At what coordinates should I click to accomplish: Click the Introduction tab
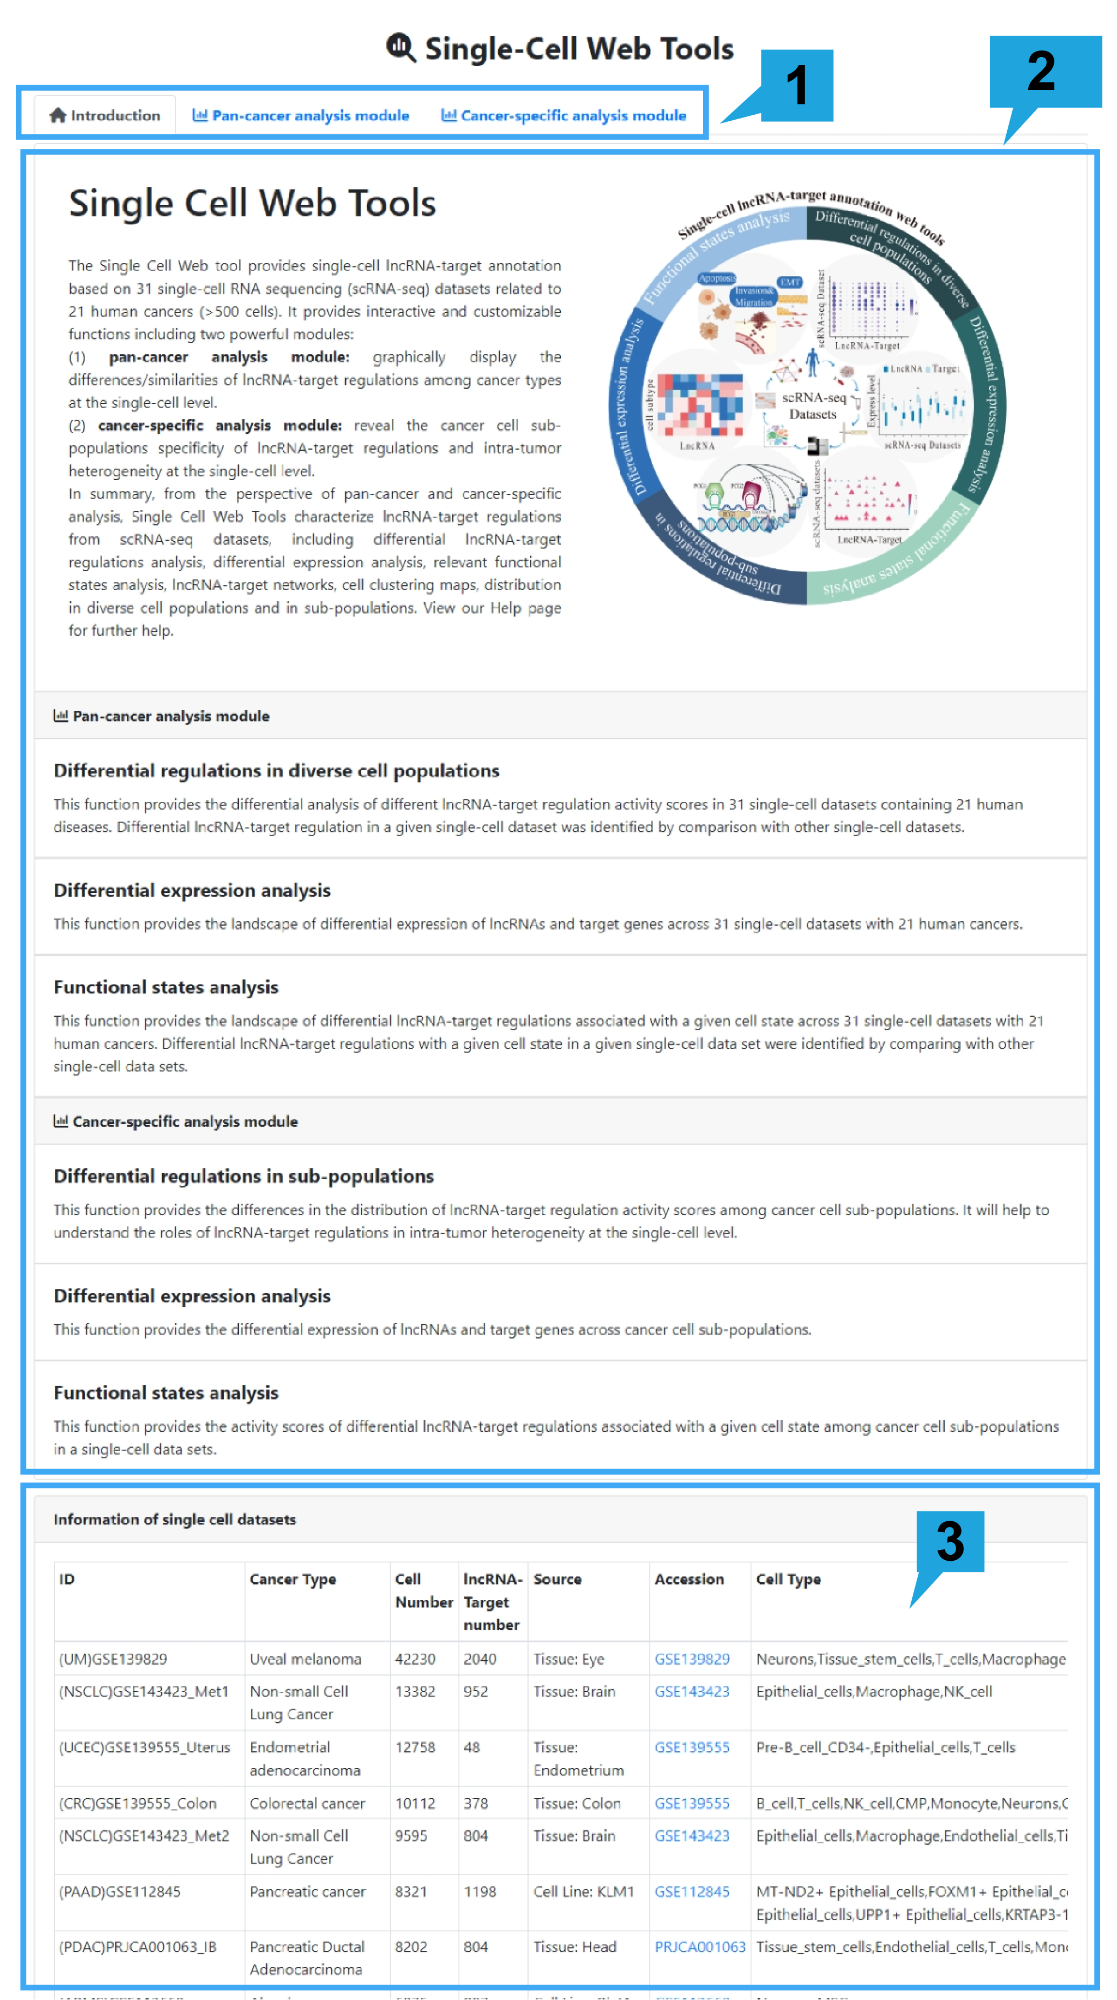pyautogui.click(x=105, y=116)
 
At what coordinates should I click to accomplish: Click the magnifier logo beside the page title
pyautogui.click(x=401, y=48)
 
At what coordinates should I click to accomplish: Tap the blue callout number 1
pyautogui.click(x=796, y=86)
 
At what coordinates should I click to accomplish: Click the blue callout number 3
pyautogui.click(x=950, y=1540)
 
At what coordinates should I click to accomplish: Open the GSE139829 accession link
pyautogui.click(x=691, y=1659)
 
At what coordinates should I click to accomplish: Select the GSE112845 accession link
pyautogui.click(x=691, y=1891)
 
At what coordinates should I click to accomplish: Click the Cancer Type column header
pyautogui.click(x=293, y=1579)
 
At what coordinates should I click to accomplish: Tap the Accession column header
pyautogui.click(x=688, y=1579)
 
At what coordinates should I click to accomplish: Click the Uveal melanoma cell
pyautogui.click(x=305, y=1659)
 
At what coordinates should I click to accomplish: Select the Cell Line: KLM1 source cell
pyautogui.click(x=583, y=1891)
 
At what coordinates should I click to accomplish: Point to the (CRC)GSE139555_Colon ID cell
pyautogui.click(x=137, y=1803)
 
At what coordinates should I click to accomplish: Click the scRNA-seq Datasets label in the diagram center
pyautogui.click(x=813, y=405)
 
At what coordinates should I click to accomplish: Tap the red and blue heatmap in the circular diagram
pyautogui.click(x=700, y=404)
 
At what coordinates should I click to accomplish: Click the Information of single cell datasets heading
pyautogui.click(x=175, y=1520)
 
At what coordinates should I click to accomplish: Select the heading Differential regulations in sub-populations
pyautogui.click(x=244, y=1177)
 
